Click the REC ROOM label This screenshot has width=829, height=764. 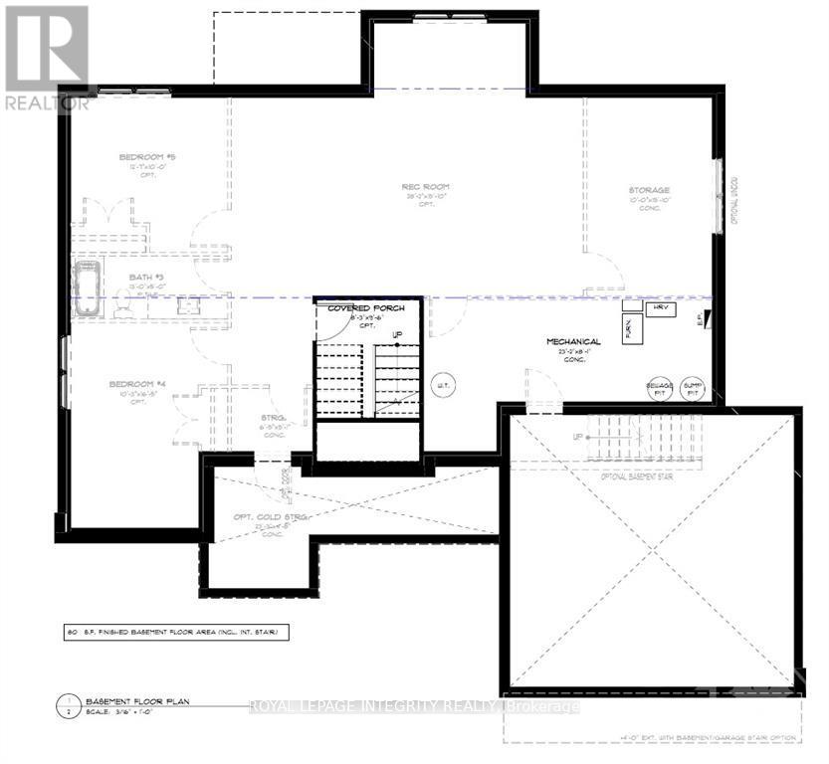pyautogui.click(x=426, y=186)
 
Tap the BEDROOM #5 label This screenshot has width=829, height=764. pyautogui.click(x=147, y=158)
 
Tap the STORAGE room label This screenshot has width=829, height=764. pyautogui.click(x=648, y=190)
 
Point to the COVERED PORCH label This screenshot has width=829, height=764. pyautogui.click(x=367, y=308)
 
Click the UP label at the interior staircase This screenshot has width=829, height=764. pyautogui.click(x=398, y=335)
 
